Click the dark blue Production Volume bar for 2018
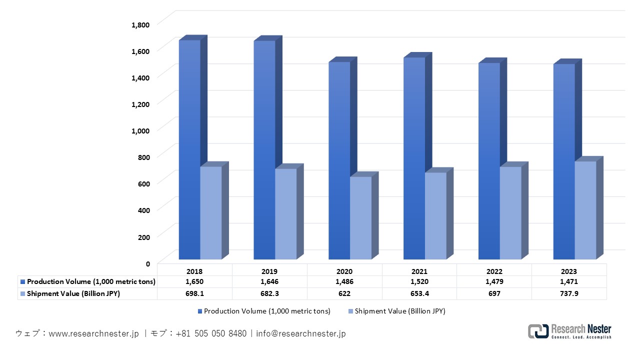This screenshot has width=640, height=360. pos(189,150)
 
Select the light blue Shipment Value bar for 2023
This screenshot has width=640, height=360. pos(585,210)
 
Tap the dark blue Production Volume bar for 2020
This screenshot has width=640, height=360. pos(339,160)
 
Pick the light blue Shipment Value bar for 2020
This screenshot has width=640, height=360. pos(360,218)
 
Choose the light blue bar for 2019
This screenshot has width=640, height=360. pos(285,214)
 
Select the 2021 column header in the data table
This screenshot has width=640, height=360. pos(419,271)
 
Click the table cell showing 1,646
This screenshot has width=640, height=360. pos(269,282)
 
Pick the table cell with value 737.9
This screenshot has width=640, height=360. pos(569,293)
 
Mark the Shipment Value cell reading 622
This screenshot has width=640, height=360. pos(344,293)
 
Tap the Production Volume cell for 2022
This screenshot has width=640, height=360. pos(494,282)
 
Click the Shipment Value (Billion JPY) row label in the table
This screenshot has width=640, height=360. pos(73,293)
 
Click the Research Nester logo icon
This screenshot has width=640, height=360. pos(538,331)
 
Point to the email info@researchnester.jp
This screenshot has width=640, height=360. pos(300,333)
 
